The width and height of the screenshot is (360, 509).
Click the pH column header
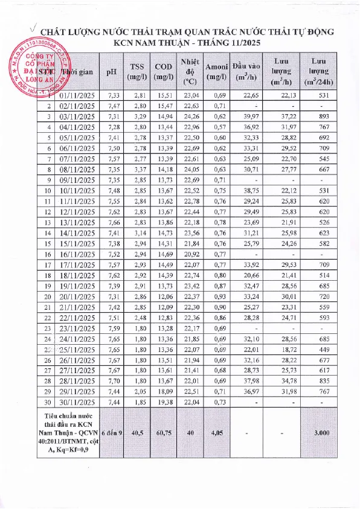[x=111, y=71]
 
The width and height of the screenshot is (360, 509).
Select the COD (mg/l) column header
[x=162, y=71]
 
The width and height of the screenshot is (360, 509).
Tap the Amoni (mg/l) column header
[x=216, y=71]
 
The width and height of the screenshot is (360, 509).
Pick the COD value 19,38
[x=162, y=402]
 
